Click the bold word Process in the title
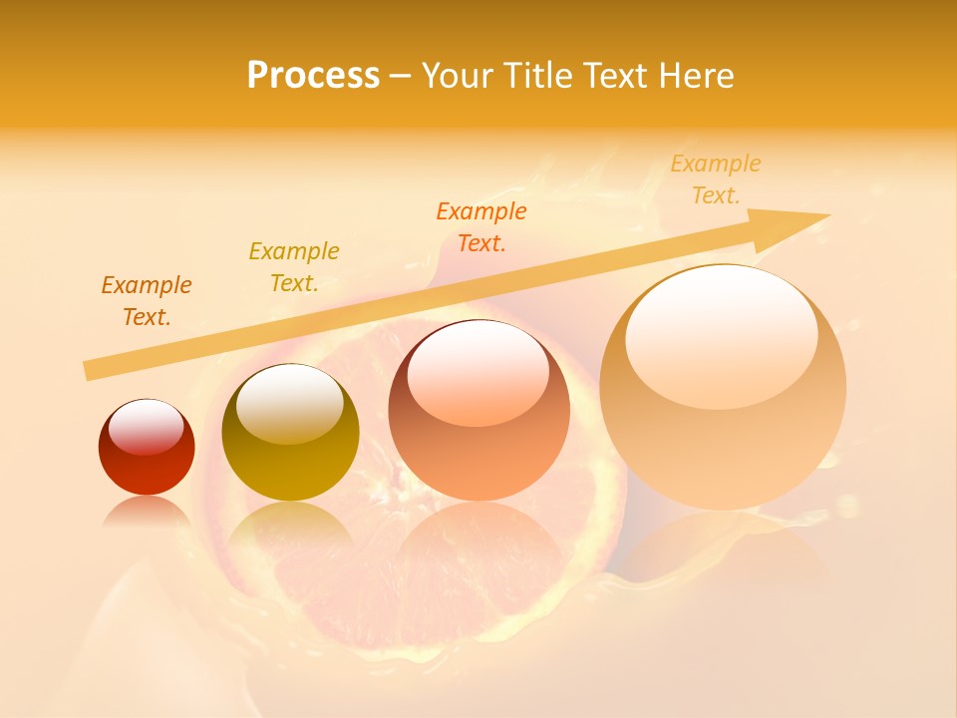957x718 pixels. (313, 76)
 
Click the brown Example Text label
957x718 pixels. (146, 301)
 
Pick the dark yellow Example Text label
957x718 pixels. (293, 267)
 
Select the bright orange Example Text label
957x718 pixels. (480, 227)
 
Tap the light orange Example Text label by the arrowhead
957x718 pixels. (715, 179)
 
